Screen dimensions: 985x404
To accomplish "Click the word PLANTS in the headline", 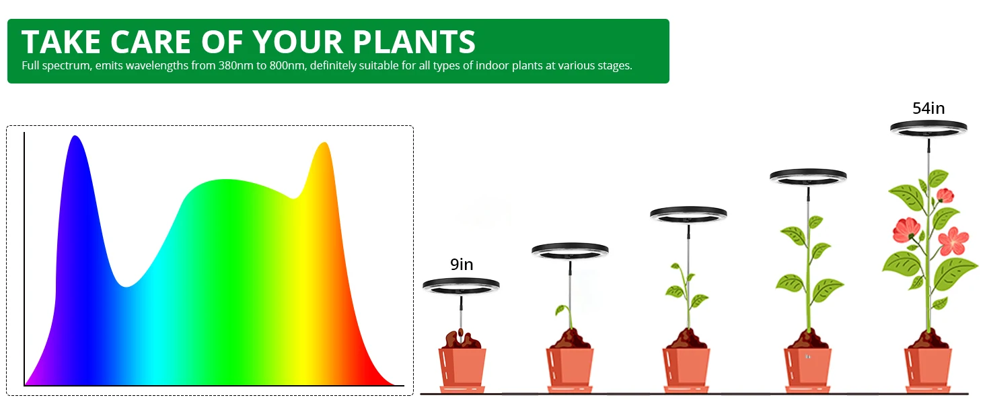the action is (x=414, y=42).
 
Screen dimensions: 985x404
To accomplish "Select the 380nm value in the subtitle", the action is (x=235, y=65).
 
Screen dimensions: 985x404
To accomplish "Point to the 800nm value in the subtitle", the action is (x=287, y=65).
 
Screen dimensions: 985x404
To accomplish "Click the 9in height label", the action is (x=462, y=265).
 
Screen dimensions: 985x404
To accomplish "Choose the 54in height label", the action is (x=928, y=108).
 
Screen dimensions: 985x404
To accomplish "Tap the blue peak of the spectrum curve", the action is (x=75, y=137).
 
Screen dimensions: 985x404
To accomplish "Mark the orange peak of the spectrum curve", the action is (x=324, y=143).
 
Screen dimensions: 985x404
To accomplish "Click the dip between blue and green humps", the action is (x=126, y=286).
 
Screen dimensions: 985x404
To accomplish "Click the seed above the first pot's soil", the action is (x=460, y=331).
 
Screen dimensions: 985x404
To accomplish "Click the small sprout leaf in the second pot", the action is (x=560, y=310).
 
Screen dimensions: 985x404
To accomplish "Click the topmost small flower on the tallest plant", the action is (x=945, y=195).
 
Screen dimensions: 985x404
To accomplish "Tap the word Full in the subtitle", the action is (x=30, y=65).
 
